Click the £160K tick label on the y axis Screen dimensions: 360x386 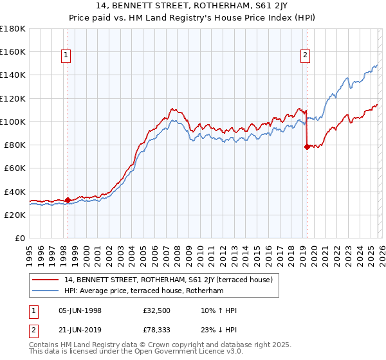click(x=13, y=51)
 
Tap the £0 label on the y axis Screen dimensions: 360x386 click(x=20, y=239)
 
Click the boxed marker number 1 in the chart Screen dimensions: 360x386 click(x=67, y=56)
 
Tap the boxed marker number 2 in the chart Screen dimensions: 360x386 click(x=305, y=56)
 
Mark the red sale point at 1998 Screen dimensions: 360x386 click(x=68, y=201)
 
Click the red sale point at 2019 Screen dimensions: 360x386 click(x=306, y=147)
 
